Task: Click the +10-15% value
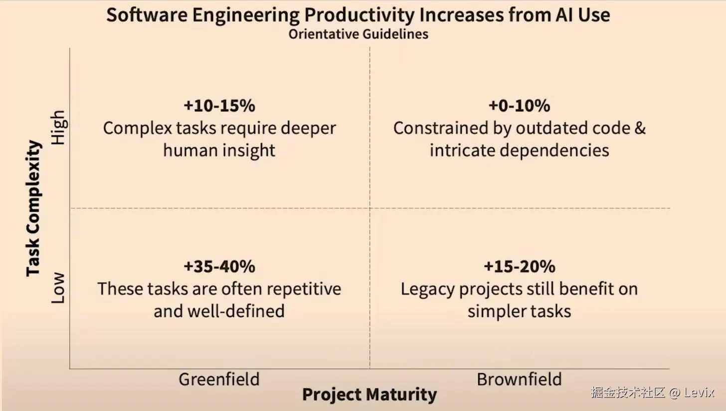coord(219,106)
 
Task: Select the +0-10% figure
coord(520,106)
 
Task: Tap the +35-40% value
coord(219,267)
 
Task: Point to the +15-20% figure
coord(520,267)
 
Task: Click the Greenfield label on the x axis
coord(219,380)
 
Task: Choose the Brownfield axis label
coord(519,380)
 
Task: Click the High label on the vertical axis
coord(58,128)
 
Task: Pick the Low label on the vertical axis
coord(58,288)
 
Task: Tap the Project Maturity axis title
coord(369,395)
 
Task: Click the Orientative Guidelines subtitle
coord(358,34)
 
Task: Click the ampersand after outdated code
coord(640,128)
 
